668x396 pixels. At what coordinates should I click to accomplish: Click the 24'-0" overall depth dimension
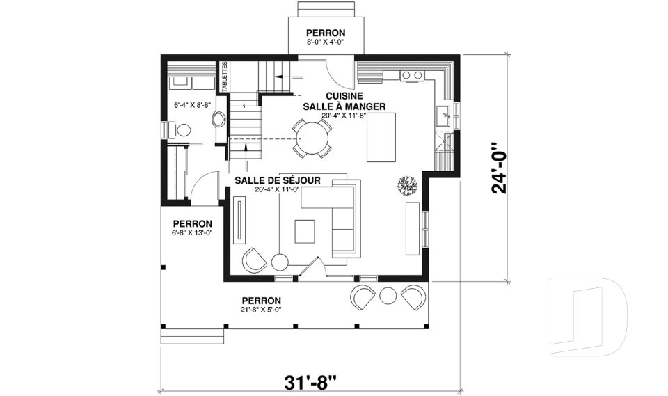tap(499, 168)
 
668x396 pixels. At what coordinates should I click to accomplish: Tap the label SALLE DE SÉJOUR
tap(278, 181)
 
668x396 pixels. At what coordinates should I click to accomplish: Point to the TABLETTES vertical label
tap(225, 76)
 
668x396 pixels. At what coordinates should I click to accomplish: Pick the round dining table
tap(312, 138)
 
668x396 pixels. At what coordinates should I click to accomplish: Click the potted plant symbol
tap(408, 185)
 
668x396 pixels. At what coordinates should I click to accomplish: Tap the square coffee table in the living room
tap(305, 232)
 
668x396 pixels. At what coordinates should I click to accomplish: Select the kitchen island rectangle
tap(381, 137)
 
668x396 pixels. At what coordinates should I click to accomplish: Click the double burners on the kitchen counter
tap(412, 75)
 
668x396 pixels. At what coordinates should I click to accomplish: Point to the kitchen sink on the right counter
tap(443, 116)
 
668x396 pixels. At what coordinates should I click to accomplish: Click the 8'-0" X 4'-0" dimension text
tap(326, 42)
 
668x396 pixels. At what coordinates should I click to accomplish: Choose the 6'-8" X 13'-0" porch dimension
tap(193, 232)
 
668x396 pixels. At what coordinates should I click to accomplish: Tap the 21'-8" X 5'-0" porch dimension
tap(262, 310)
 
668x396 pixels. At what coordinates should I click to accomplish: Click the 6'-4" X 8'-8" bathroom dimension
tap(193, 104)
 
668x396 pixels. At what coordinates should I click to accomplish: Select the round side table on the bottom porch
tap(388, 295)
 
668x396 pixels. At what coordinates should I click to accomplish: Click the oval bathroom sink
tap(219, 119)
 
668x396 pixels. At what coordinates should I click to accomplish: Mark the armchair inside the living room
tap(255, 260)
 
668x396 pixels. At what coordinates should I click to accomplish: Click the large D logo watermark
tap(588, 316)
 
